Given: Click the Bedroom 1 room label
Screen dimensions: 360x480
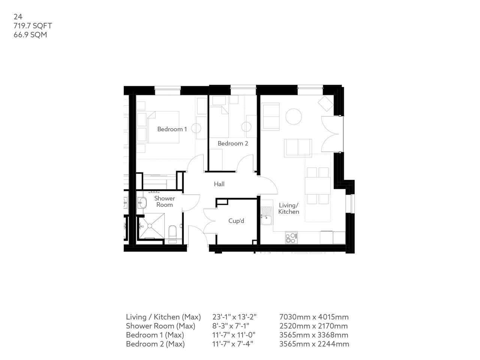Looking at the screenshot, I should click(172, 129).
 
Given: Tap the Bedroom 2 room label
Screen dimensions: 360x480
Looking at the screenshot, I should click(232, 143).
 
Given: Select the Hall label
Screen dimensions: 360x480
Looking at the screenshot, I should click(219, 184).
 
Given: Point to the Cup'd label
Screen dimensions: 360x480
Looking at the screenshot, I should click(236, 221).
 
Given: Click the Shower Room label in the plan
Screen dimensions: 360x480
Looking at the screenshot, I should click(164, 201).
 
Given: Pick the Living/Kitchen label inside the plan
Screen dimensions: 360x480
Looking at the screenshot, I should click(288, 208).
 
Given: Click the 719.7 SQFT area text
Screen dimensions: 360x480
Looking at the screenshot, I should click(33, 26).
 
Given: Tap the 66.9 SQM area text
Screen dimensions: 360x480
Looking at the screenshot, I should click(30, 35).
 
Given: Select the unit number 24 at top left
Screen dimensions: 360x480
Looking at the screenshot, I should click(18, 16).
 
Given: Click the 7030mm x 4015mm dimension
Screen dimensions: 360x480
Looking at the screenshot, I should click(314, 317).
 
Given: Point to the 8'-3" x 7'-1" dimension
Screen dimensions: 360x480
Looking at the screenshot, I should click(231, 326).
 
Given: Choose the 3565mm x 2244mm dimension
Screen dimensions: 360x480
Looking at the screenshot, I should click(314, 344).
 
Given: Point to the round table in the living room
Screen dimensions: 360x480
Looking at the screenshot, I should click(294, 117).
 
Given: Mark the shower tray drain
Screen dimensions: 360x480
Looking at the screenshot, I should click(149, 226).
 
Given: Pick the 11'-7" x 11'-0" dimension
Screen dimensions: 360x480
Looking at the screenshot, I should click(234, 335).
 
